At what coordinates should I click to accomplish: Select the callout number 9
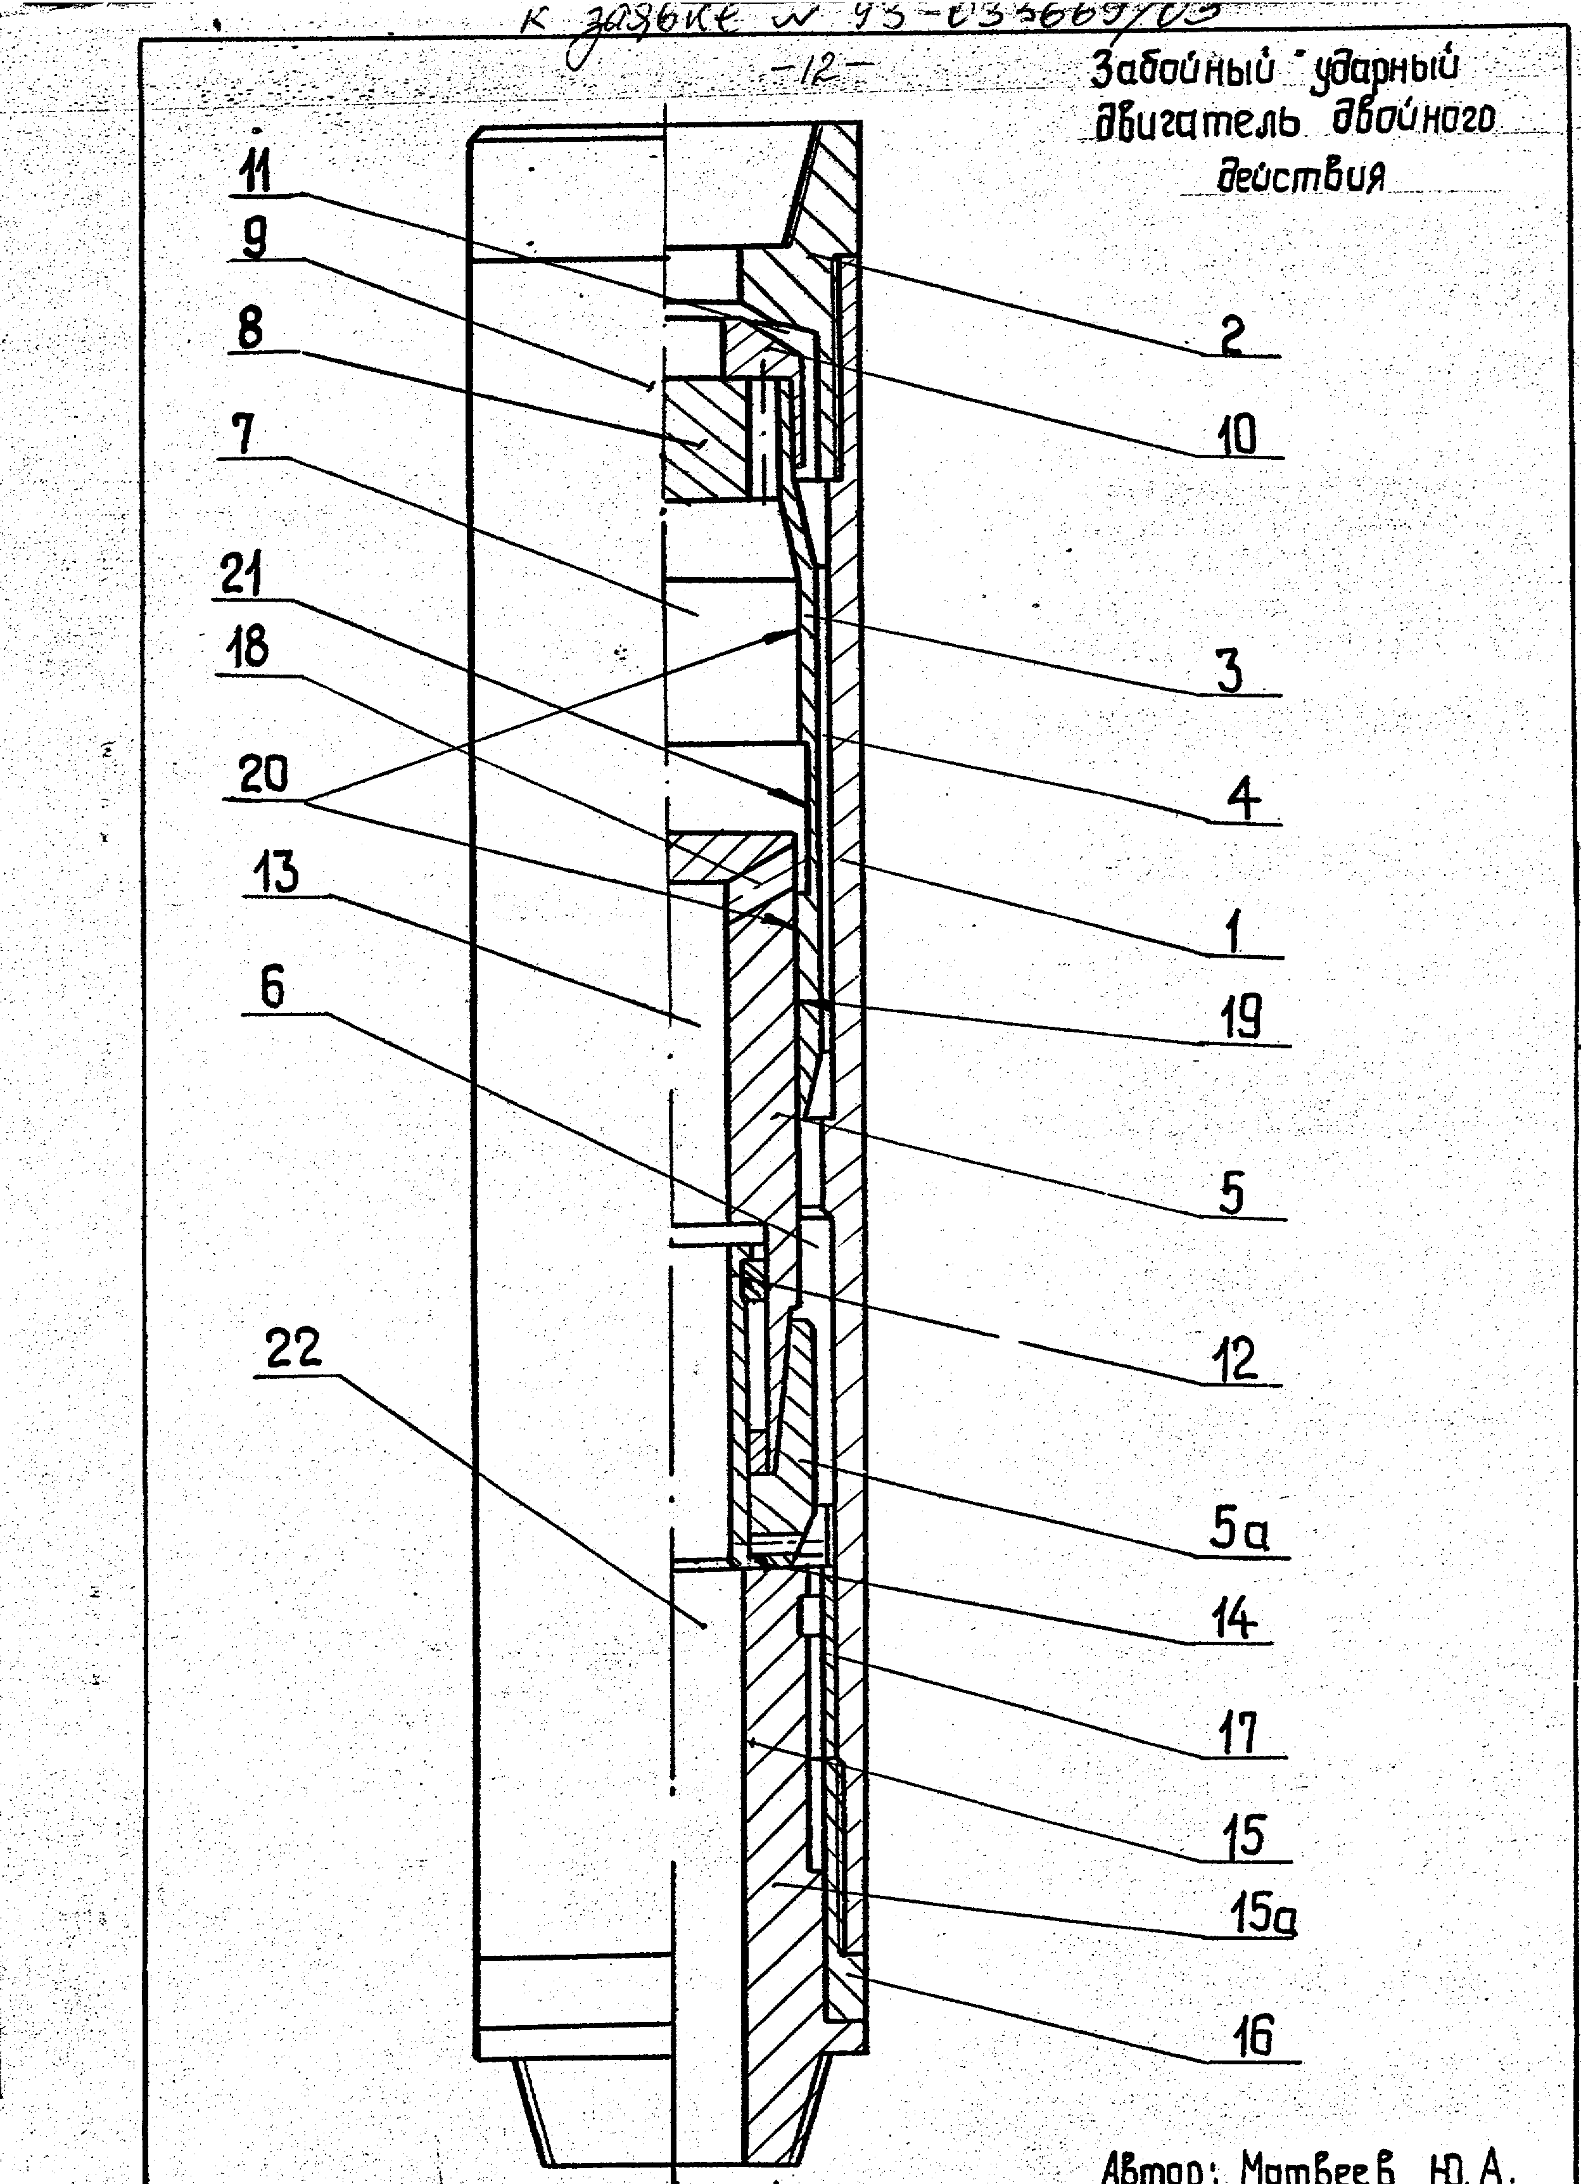(253, 238)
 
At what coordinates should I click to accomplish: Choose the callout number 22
(292, 1351)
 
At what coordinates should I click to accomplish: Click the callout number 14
(1235, 1620)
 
